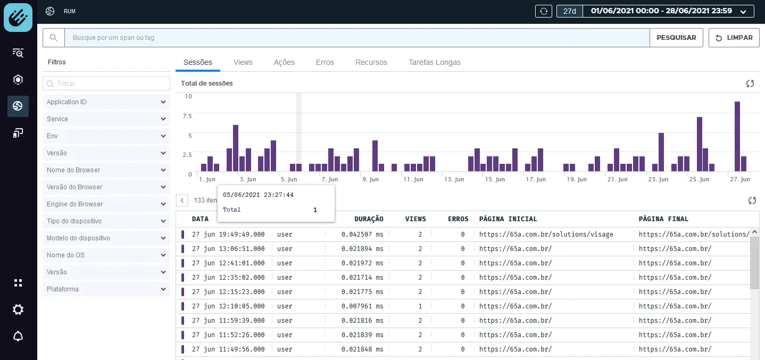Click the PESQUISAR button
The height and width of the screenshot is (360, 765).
[676, 38]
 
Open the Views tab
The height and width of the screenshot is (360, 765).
[243, 62]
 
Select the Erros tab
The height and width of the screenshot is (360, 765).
[325, 62]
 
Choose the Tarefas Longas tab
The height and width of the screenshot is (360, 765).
[435, 62]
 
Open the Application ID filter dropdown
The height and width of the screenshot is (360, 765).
[106, 102]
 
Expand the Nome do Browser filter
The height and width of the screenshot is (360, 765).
[106, 170]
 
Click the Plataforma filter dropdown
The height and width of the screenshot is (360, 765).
[106, 289]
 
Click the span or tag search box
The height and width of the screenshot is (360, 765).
[357, 38]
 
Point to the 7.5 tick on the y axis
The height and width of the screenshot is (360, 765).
[187, 116]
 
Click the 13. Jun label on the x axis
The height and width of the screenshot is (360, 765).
[454, 179]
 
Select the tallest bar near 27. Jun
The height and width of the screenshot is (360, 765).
[737, 136]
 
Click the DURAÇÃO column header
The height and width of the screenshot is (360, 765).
[369, 219]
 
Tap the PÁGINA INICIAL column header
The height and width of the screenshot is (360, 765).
[508, 219]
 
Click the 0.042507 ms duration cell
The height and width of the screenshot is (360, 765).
[362, 235]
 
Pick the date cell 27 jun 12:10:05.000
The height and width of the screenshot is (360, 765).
[228, 306]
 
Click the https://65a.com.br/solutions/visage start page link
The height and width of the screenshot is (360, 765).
[546, 235]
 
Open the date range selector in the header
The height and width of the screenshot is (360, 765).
[655, 11]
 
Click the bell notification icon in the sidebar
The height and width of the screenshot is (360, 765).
[18, 336]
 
